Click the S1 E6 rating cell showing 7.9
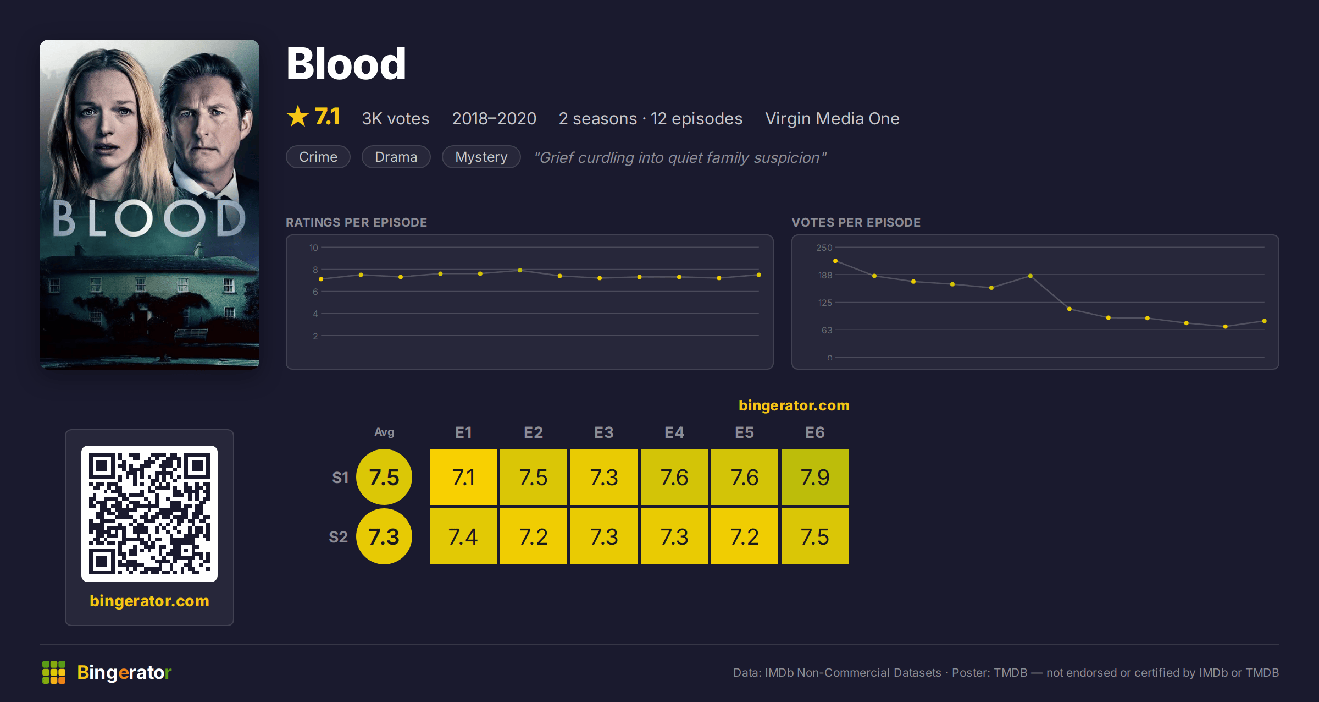pos(815,477)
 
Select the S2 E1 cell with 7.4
pos(463,536)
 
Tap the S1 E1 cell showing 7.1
pos(463,477)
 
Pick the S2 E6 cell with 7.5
pos(815,536)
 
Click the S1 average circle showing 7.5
pos(384,477)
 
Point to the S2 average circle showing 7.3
pos(384,536)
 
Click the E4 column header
pos(674,432)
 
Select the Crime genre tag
pos(318,157)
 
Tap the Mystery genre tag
pos(481,157)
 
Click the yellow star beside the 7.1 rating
pos(298,116)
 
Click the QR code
pos(149,514)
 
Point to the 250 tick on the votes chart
pos(824,248)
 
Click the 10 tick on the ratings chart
pos(314,248)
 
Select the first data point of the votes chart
pos(835,261)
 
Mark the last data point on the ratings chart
pos(759,275)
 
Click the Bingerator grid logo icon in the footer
pos(54,672)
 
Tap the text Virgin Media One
pos(833,118)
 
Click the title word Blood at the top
pos(346,64)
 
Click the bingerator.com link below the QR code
pos(149,601)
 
